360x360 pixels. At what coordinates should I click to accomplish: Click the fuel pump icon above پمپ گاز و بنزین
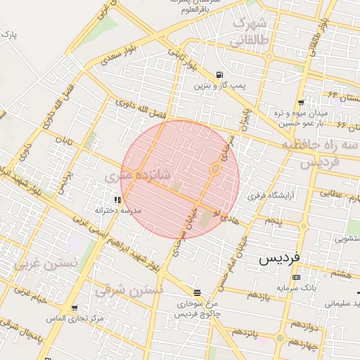pos(221,75)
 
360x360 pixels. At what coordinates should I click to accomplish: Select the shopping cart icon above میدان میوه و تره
pos(301,102)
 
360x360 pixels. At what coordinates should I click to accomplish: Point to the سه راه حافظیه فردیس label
pos(321,153)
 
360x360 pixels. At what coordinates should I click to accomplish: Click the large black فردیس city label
pos(279,258)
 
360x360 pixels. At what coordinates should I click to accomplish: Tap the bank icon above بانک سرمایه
pos(295,277)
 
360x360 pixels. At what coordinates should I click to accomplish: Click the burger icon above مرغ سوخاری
pos(196,292)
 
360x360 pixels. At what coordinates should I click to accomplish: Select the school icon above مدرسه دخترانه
pos(117,200)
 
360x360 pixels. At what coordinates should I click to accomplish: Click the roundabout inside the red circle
pos(215,169)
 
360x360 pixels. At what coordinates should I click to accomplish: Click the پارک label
pos(8,34)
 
